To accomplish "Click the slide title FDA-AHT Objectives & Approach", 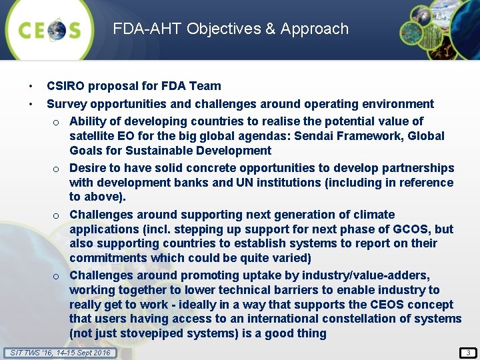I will pyautogui.click(x=231, y=29).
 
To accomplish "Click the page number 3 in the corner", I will pyautogui.click(x=469, y=352).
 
